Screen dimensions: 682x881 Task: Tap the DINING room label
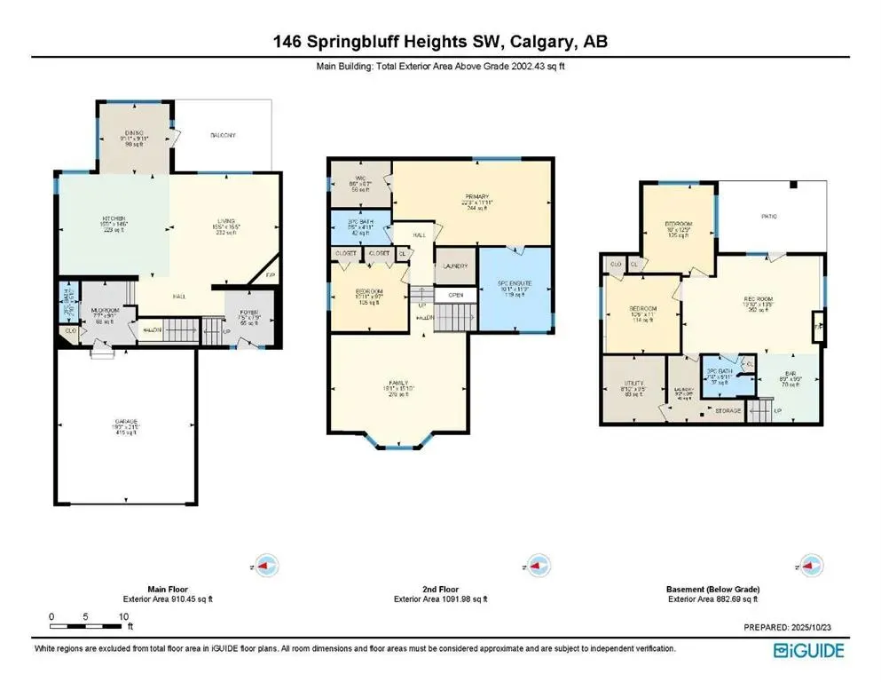(138, 133)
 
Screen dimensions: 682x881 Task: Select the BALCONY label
(222, 135)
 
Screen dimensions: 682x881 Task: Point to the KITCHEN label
(113, 218)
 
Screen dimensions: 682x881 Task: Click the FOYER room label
(249, 312)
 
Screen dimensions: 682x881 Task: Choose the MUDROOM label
(106, 311)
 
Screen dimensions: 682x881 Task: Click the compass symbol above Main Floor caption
(265, 563)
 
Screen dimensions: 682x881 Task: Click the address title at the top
(440, 41)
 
